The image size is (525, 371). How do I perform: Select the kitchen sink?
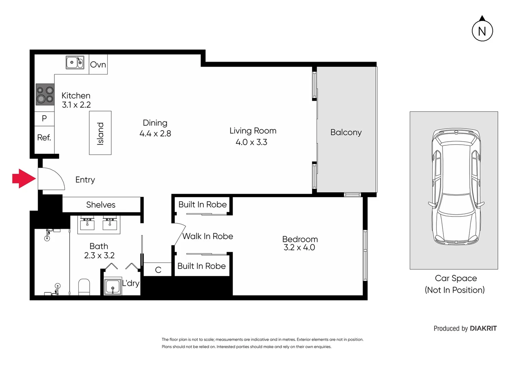click(x=75, y=63)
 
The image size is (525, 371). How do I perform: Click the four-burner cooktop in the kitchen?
click(x=45, y=95)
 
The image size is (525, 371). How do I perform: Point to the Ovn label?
click(x=98, y=65)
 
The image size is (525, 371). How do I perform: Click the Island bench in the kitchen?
click(x=100, y=133)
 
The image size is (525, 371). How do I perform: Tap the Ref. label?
click(x=44, y=138)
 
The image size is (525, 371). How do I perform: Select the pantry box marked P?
click(x=44, y=119)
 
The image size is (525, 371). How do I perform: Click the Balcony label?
click(x=346, y=132)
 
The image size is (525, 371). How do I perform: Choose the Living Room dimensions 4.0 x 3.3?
click(x=251, y=142)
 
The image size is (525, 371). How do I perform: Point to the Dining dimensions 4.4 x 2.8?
click(x=155, y=134)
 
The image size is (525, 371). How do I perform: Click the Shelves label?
click(x=101, y=205)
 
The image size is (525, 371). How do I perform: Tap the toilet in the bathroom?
click(x=84, y=287)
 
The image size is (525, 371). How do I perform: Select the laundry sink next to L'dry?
click(x=113, y=286)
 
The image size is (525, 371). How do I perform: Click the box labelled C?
click(x=158, y=270)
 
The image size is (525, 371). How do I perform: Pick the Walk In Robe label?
click(x=208, y=236)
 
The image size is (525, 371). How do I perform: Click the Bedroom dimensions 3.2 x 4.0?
click(x=299, y=248)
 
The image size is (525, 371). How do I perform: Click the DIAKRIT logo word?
click(x=483, y=328)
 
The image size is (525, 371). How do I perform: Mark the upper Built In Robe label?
click(x=202, y=205)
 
